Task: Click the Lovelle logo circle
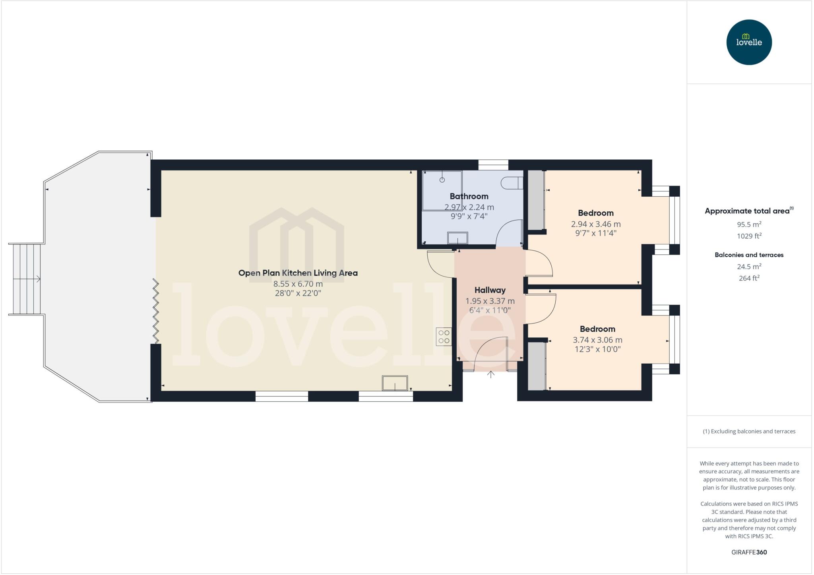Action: (x=749, y=42)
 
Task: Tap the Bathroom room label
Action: (x=469, y=196)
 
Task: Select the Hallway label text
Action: (x=490, y=290)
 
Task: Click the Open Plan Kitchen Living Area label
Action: (x=298, y=273)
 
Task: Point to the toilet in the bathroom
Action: (x=512, y=183)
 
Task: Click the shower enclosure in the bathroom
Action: (x=442, y=190)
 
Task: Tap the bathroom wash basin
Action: (x=457, y=238)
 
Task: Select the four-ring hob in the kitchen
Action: (x=444, y=337)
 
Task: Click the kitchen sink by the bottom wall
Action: (x=395, y=383)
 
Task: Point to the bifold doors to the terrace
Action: (x=156, y=311)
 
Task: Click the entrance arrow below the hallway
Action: (x=491, y=374)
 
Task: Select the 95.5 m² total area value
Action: (x=749, y=224)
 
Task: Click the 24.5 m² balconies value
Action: (x=749, y=267)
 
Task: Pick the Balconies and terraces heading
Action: (x=749, y=255)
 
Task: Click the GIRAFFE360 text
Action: (x=749, y=552)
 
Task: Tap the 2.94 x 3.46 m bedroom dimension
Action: (x=595, y=224)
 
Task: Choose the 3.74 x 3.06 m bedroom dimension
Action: (x=597, y=340)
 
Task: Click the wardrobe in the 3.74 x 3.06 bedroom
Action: (x=536, y=366)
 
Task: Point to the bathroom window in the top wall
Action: (x=493, y=165)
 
